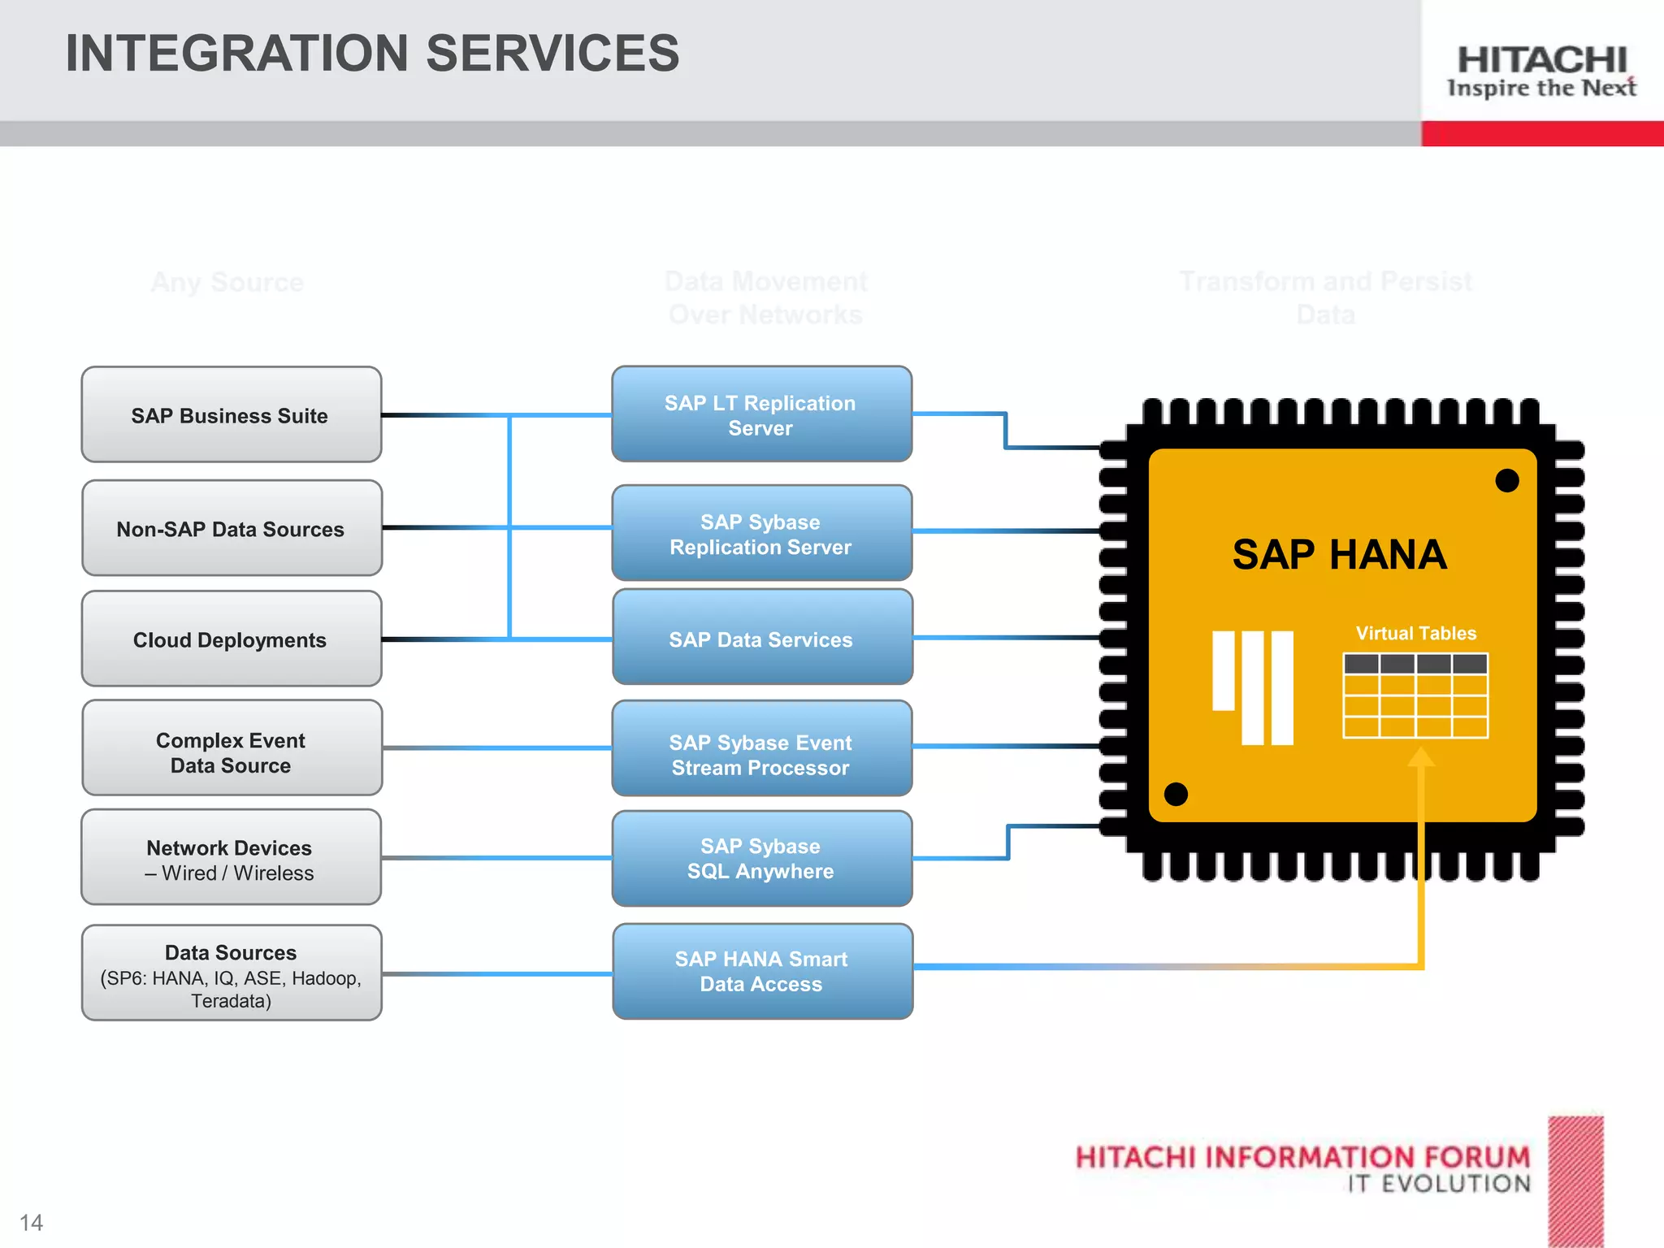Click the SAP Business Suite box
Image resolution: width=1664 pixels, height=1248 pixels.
tap(231, 415)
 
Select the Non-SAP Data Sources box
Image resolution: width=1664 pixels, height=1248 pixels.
tap(231, 529)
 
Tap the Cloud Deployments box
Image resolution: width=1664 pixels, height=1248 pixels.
tap(231, 640)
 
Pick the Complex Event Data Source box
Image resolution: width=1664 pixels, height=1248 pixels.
tap(231, 752)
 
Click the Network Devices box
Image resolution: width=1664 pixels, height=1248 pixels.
tap(231, 860)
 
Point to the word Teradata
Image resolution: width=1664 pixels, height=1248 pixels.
tap(231, 1001)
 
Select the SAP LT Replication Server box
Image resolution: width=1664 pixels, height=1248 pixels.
tap(761, 415)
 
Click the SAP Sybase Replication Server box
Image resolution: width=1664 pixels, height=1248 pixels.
tap(761, 534)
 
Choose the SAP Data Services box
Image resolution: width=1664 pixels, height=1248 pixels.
tap(761, 639)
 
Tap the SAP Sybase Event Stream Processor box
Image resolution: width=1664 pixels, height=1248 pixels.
tap(761, 754)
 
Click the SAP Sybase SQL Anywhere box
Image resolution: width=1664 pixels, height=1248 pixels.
tap(761, 858)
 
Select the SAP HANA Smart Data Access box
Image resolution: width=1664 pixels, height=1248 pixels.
tap(761, 971)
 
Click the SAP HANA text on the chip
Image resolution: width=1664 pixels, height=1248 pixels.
tap(1339, 555)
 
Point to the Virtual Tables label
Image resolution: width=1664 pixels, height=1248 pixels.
tap(1415, 633)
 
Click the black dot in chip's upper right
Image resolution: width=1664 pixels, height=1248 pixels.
tap(1507, 480)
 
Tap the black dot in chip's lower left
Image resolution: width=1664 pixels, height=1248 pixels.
tap(1176, 794)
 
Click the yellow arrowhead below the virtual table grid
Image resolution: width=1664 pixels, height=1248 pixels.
tap(1421, 757)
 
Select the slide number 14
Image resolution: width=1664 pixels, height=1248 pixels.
tap(31, 1223)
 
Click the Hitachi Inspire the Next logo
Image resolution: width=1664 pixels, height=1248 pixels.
tap(1541, 71)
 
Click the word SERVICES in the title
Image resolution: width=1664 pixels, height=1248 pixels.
tap(552, 54)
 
